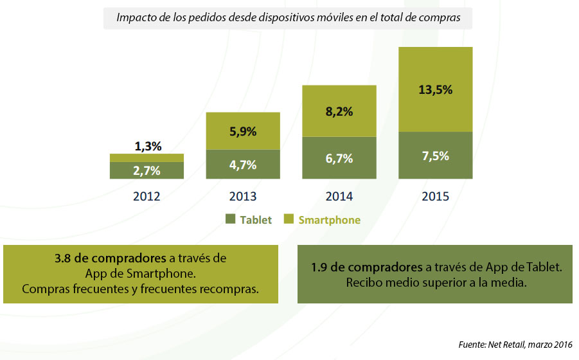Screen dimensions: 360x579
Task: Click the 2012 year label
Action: pyautogui.click(x=147, y=196)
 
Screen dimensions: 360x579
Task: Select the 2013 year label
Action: pyautogui.click(x=242, y=196)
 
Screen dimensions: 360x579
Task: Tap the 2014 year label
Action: pyautogui.click(x=339, y=196)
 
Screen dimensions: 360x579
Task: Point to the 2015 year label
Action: pyautogui.click(x=435, y=196)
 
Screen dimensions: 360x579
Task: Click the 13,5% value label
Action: pyautogui.click(x=436, y=90)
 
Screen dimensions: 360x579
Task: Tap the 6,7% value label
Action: pyautogui.click(x=339, y=159)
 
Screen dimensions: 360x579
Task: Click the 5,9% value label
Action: pyautogui.click(x=243, y=132)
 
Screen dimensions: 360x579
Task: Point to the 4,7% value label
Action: pyautogui.click(x=243, y=165)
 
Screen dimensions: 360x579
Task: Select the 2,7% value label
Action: pyautogui.click(x=147, y=170)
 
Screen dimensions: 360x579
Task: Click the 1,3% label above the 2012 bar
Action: pyautogui.click(x=147, y=147)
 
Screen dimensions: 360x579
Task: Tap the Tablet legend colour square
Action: pyautogui.click(x=231, y=220)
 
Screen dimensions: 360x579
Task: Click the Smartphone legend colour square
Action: pyautogui.click(x=289, y=220)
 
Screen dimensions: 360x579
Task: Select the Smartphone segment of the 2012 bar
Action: pyautogui.click(x=147, y=157)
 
